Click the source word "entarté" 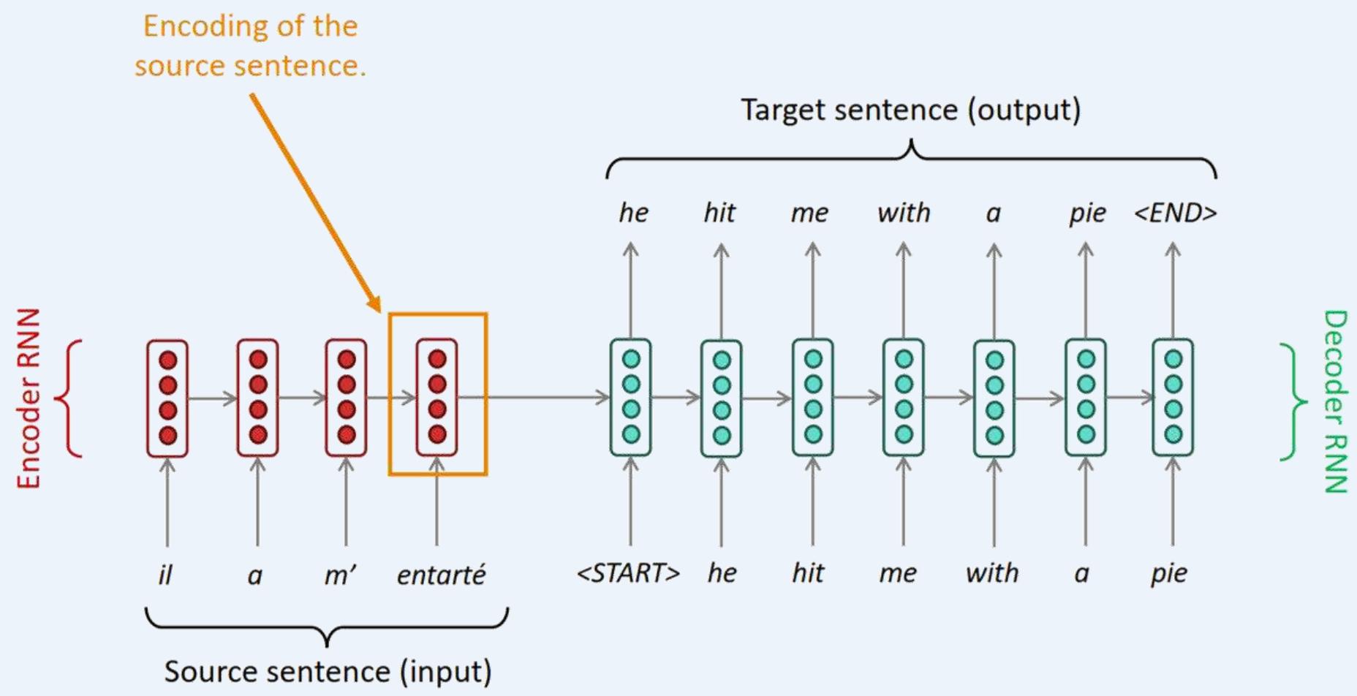pos(441,575)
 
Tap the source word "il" pos(166,575)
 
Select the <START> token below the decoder pos(628,573)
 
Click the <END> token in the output pos(1175,213)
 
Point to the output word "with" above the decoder pos(904,213)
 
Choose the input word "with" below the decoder pos(991,573)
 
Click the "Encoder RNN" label pos(29,398)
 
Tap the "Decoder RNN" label pos(1335,401)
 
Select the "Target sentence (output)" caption pos(911,110)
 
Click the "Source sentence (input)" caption pos(328,671)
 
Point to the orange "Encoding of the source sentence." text pos(250,46)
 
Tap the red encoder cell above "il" pos(167,398)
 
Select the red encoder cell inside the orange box pos(437,397)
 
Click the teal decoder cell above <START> pos(631,397)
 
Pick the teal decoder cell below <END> pos(1173,397)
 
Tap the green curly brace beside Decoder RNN pos(1295,401)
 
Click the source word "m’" pos(339,575)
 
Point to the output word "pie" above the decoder pos(1087,213)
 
